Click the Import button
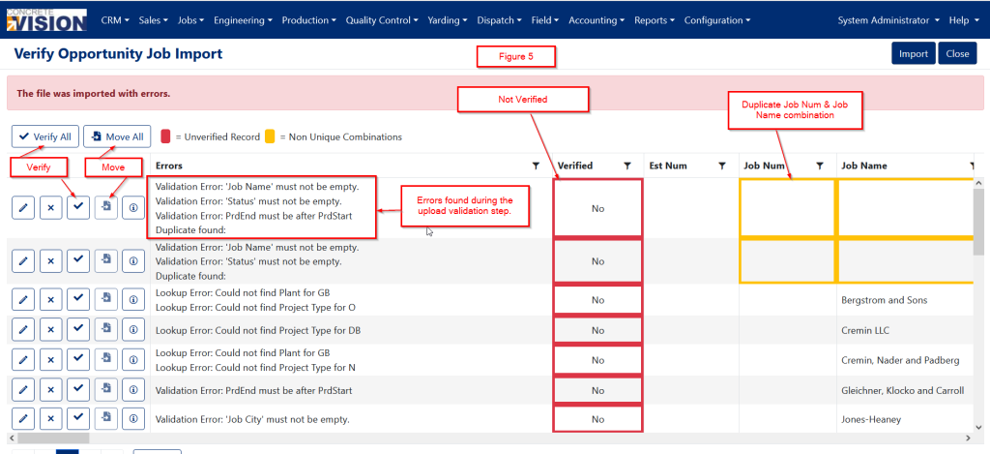[913, 54]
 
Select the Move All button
[116, 137]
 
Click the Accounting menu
[596, 20]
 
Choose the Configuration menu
[717, 20]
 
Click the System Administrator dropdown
[888, 20]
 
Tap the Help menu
[963, 20]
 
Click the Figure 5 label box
[516, 57]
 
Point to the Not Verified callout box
[522, 98]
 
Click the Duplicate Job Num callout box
[795, 109]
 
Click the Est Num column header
[668, 166]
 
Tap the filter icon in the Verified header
[626, 166]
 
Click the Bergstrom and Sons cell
[885, 300]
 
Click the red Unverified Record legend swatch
[166, 136]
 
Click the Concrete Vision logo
[47, 18]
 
